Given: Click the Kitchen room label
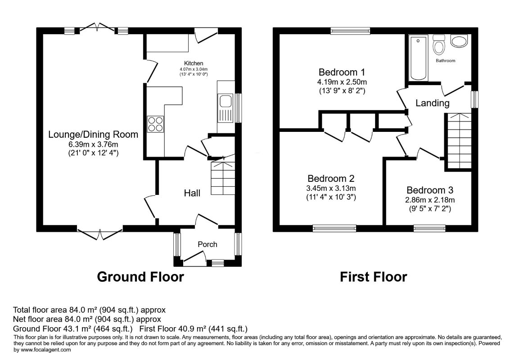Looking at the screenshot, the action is pyautogui.click(x=194, y=63).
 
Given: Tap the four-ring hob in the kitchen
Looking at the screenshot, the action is pyautogui.click(x=155, y=124).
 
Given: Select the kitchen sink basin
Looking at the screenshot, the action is pyautogui.click(x=226, y=101).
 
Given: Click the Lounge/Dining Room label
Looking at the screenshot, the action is pyautogui.click(x=93, y=135).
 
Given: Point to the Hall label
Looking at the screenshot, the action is pyautogui.click(x=192, y=193).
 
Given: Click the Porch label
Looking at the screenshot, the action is pyautogui.click(x=207, y=244).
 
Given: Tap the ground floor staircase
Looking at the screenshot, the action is pyautogui.click(x=223, y=178).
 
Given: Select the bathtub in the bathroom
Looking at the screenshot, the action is pyautogui.click(x=419, y=58).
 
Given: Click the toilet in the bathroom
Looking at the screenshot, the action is pyautogui.click(x=438, y=44).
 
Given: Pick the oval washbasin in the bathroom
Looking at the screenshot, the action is pyautogui.click(x=459, y=41).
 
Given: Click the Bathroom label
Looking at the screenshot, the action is pyautogui.click(x=445, y=61).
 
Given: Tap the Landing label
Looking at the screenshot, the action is pyautogui.click(x=432, y=103).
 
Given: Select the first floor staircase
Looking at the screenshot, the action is pyautogui.click(x=458, y=141).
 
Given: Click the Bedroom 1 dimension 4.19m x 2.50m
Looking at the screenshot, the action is pyautogui.click(x=342, y=82).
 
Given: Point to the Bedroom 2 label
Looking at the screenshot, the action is pyautogui.click(x=331, y=179).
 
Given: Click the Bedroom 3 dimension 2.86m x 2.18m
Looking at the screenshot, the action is pyautogui.click(x=430, y=200).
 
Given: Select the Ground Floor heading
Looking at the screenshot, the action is pyautogui.click(x=140, y=277).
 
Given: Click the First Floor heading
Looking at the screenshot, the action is pyautogui.click(x=374, y=277).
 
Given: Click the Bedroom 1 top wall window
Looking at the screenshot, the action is pyautogui.click(x=350, y=31).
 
